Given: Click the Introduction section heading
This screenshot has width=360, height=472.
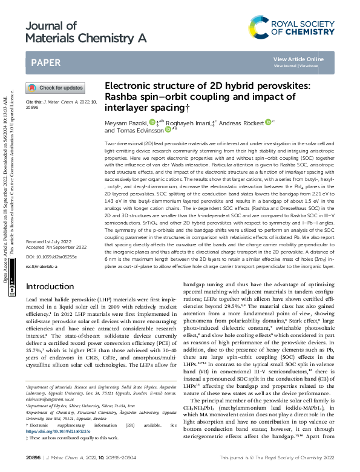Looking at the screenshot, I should [50, 286].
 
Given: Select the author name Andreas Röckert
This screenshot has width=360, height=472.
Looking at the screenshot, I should [242, 123].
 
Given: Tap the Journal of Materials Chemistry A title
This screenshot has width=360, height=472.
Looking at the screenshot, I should [87, 31].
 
